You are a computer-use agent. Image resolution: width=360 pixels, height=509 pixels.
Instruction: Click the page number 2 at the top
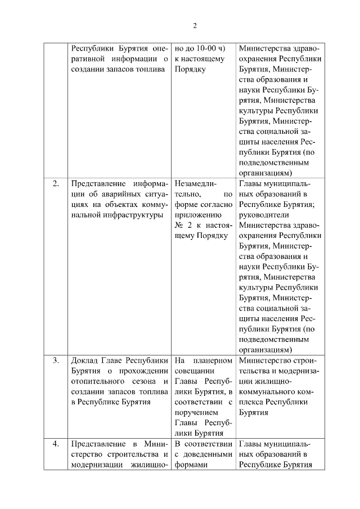195,25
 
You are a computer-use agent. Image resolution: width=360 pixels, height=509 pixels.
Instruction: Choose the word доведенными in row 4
209,454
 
